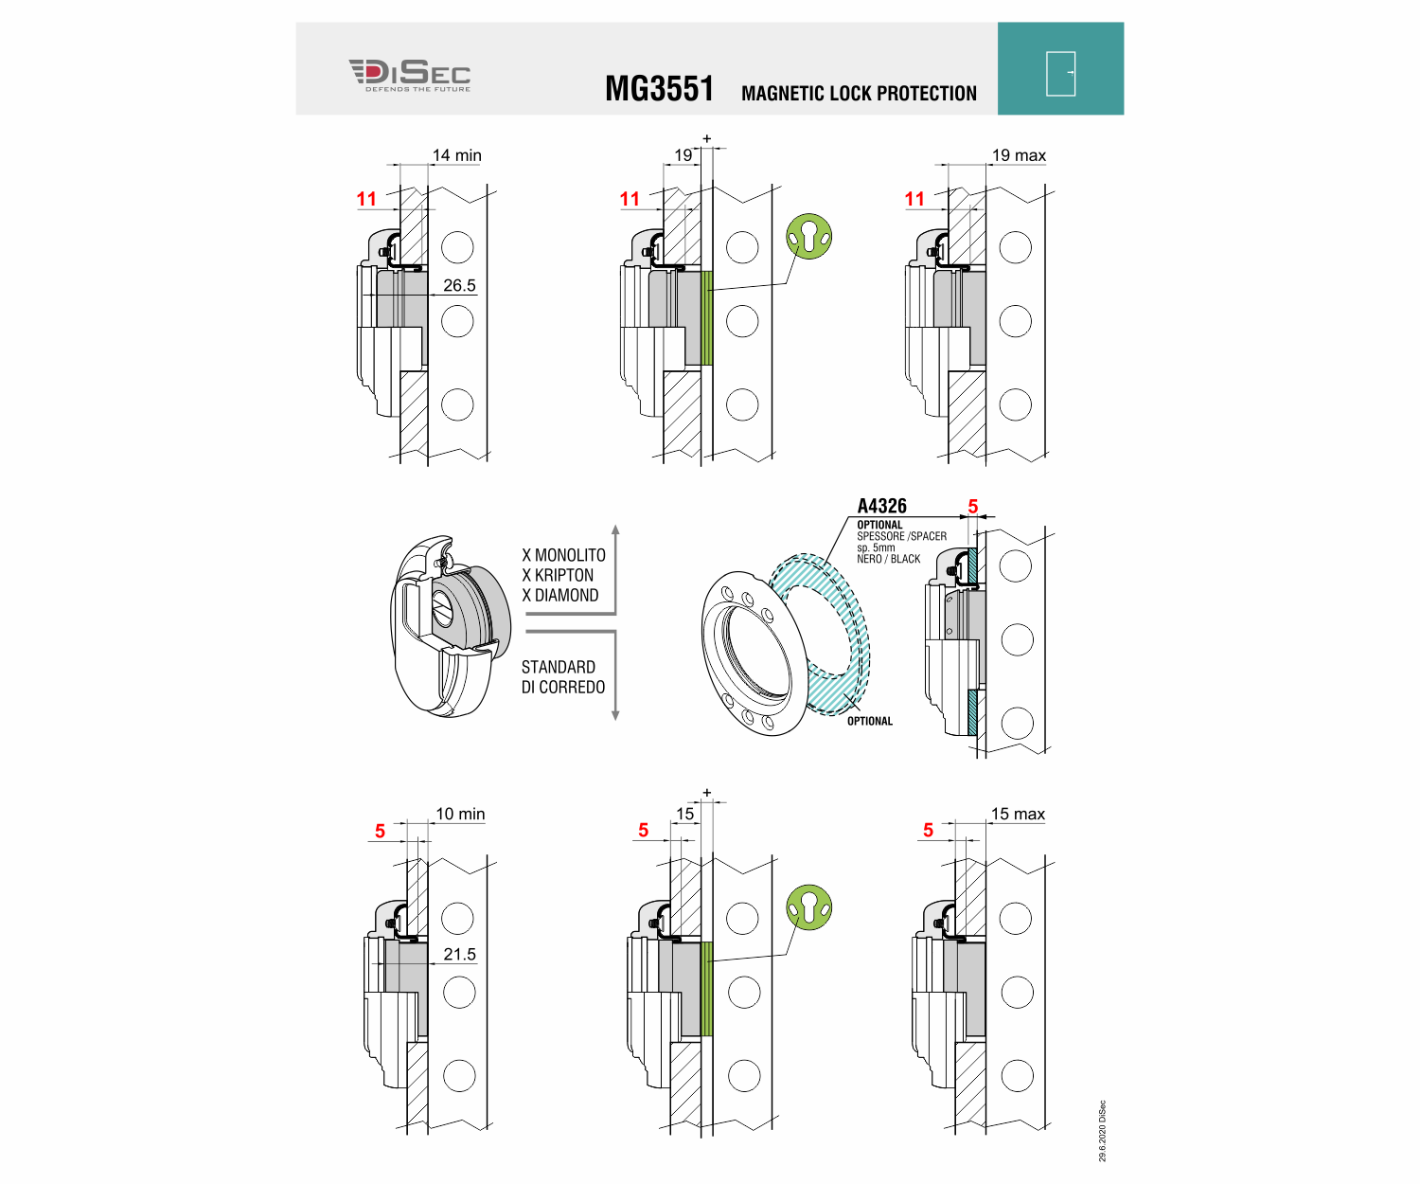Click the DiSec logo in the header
tap(409, 75)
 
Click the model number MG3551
tap(659, 89)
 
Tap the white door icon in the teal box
tap(1060, 73)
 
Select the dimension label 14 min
tap(457, 155)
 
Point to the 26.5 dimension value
tap(459, 285)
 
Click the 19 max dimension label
tap(1019, 155)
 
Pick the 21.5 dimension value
tap(459, 955)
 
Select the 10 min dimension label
tap(460, 814)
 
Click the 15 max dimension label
tap(1018, 814)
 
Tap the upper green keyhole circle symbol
tap(809, 237)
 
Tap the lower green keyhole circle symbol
tap(809, 907)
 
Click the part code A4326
tap(881, 506)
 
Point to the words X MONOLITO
tap(563, 555)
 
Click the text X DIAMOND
tap(559, 595)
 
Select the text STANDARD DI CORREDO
tap(562, 677)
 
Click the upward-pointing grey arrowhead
tap(615, 530)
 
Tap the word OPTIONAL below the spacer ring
tap(869, 721)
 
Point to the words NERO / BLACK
tap(888, 559)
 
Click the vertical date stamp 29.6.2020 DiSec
tap(1102, 1131)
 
